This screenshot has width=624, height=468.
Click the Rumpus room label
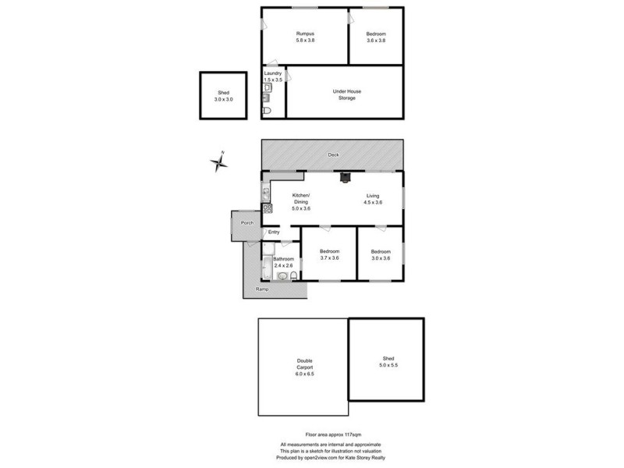pyautogui.click(x=304, y=34)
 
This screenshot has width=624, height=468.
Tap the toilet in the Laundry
pyautogui.click(x=268, y=111)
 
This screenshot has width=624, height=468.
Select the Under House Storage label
pyautogui.click(x=347, y=94)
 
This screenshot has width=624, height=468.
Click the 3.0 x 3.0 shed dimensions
pyautogui.click(x=224, y=99)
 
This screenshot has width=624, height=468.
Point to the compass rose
pyautogui.click(x=221, y=161)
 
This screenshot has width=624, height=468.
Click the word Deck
pyautogui.click(x=333, y=155)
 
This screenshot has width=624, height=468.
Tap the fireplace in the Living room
pyautogui.click(x=344, y=176)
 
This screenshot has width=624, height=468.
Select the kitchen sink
pyautogui.click(x=266, y=190)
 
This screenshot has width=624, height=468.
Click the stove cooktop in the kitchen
pyautogui.click(x=267, y=208)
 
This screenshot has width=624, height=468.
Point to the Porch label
pyautogui.click(x=247, y=224)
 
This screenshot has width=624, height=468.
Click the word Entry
pyautogui.click(x=274, y=232)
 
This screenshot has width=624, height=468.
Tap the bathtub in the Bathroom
pyautogui.click(x=265, y=269)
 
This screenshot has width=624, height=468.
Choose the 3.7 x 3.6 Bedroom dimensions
pyautogui.click(x=329, y=258)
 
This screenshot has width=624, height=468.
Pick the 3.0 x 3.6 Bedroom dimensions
pyautogui.click(x=381, y=258)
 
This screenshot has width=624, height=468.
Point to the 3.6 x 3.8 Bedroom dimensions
pyautogui.click(x=376, y=41)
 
